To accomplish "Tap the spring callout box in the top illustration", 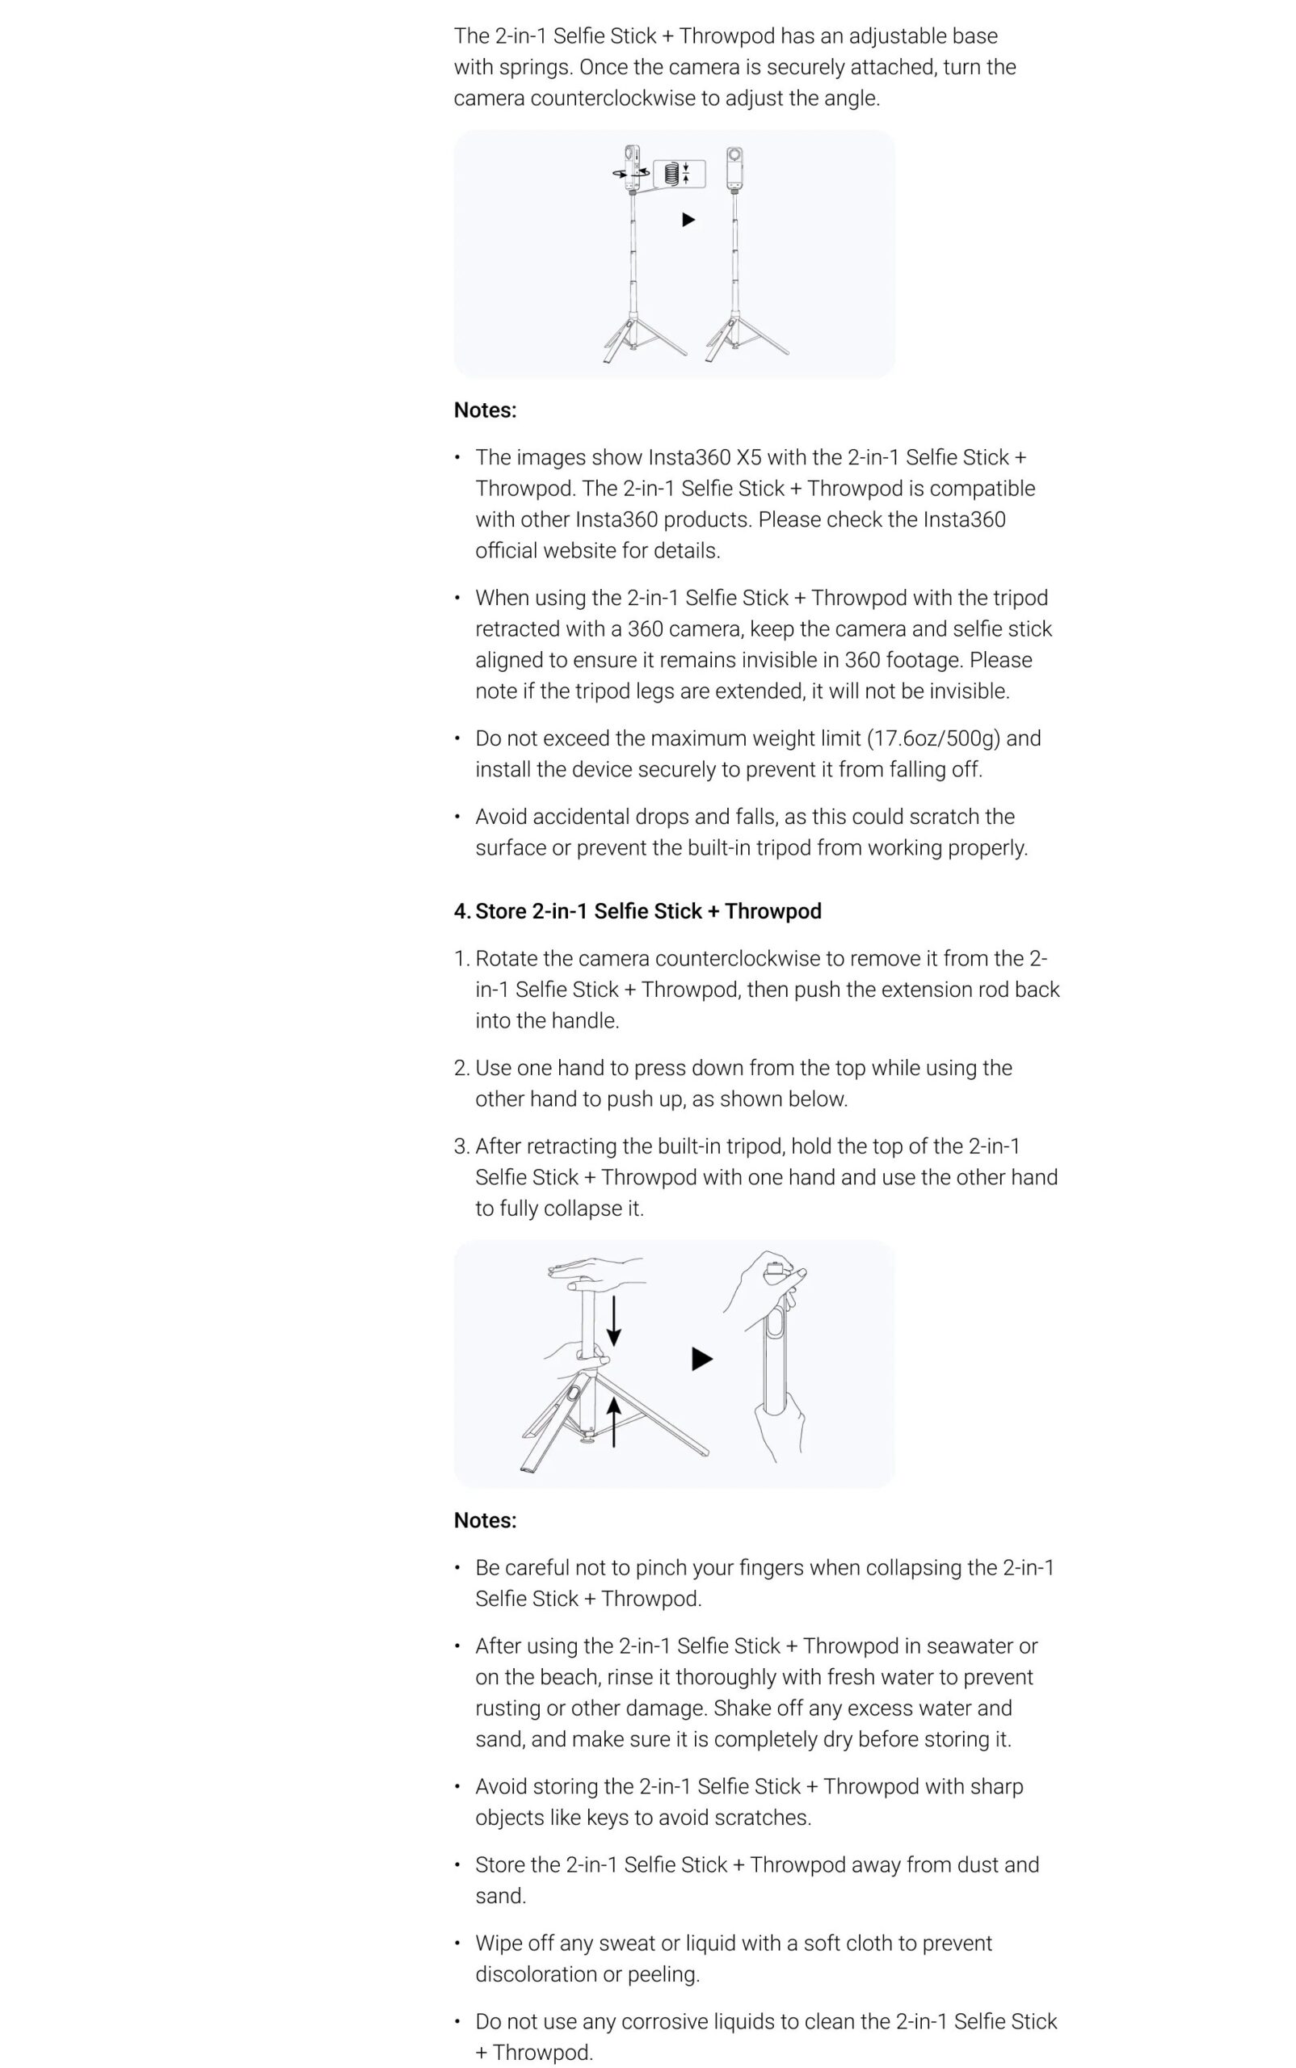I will [x=679, y=173].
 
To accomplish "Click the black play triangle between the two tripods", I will [x=688, y=221].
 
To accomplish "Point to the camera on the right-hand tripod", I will [x=734, y=168].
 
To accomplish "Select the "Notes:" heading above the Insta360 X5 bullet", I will [x=485, y=410].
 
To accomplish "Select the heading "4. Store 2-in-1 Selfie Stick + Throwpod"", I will [x=637, y=911].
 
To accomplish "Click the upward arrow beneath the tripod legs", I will [x=614, y=1423].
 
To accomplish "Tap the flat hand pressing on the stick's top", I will [x=595, y=1271].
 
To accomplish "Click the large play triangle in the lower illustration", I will [x=701, y=1360].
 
